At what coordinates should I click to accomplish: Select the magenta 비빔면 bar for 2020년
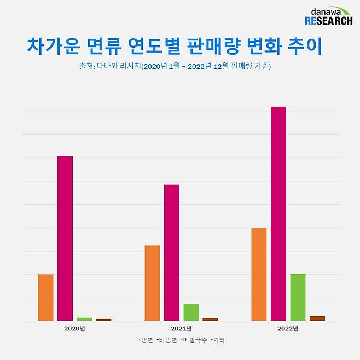point(65,238)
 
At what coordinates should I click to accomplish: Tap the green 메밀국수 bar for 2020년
point(84,319)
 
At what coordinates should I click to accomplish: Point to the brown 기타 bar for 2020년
point(103,320)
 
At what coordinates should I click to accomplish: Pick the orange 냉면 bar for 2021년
point(152,283)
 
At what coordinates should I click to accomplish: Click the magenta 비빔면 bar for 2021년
point(172,252)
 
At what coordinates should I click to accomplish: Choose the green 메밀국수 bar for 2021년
point(191,312)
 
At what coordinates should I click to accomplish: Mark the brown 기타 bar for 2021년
point(210,319)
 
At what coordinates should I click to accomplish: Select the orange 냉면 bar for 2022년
point(259,274)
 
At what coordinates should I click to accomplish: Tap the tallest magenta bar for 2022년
point(278,213)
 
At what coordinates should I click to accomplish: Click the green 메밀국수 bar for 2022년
point(298,297)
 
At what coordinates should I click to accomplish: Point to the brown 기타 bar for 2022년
point(317,318)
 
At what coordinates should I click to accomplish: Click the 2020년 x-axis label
point(74,329)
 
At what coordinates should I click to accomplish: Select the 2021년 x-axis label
point(181,329)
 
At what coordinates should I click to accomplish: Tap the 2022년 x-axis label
point(288,329)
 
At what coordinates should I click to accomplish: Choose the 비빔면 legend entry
point(167,340)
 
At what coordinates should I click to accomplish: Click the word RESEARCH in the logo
point(328,21)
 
